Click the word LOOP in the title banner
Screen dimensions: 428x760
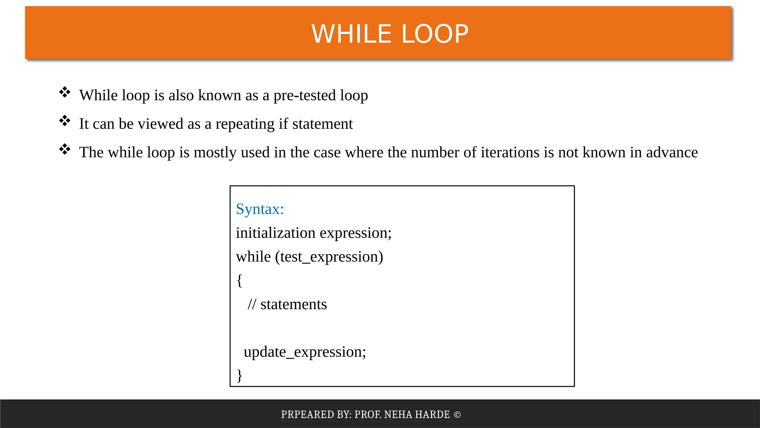point(435,34)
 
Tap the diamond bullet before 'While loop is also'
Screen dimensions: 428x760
point(65,92)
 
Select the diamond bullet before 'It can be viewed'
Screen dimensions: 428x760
point(65,121)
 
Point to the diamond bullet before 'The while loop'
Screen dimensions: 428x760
point(65,149)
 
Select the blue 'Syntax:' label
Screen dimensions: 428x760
point(260,209)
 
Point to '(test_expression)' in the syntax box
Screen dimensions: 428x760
point(329,257)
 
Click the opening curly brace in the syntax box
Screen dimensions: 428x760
point(239,280)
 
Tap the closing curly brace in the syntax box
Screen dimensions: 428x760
point(239,375)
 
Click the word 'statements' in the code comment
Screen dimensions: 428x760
point(294,304)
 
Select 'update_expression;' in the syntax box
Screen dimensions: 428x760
point(305,352)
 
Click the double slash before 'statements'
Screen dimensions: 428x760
point(252,304)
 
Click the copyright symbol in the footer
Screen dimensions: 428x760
point(457,415)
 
